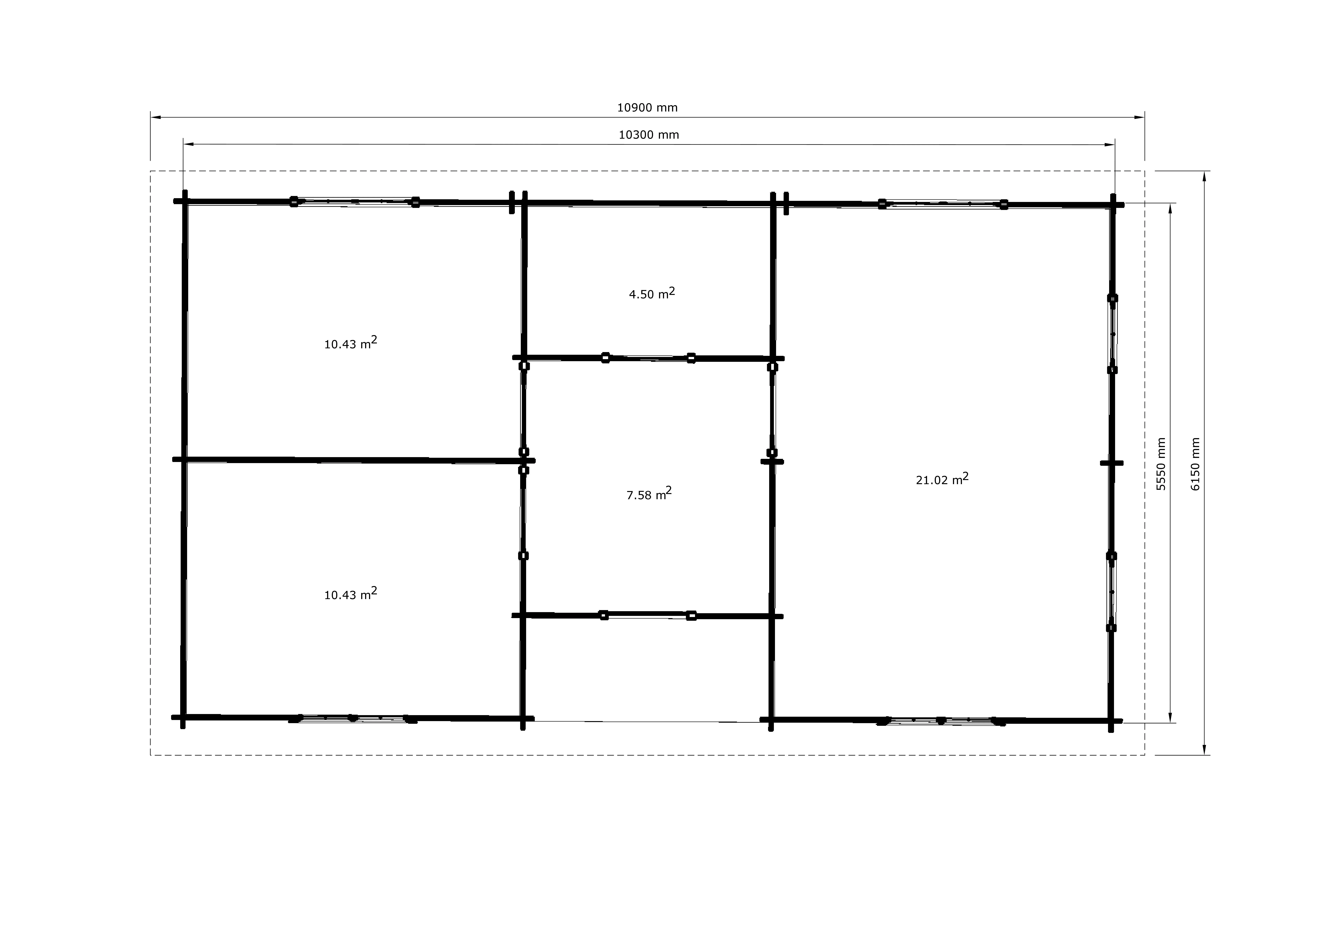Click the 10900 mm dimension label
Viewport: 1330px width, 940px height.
[647, 108]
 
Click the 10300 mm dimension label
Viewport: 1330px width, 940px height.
[649, 135]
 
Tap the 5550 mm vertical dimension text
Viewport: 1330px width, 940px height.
[1161, 464]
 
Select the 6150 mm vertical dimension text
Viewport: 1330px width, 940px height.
[1195, 464]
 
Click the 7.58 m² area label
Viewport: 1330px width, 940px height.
[649, 494]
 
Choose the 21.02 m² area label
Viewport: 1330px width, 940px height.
[942, 479]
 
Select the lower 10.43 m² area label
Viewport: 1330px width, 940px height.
[350, 594]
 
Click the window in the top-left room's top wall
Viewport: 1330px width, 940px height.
[355, 202]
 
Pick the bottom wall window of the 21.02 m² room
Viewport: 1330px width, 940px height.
[941, 721]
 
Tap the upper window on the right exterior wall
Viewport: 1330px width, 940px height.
[1112, 334]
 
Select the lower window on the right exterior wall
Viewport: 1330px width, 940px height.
[1111, 592]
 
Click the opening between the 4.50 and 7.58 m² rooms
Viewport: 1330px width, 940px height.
[648, 358]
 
